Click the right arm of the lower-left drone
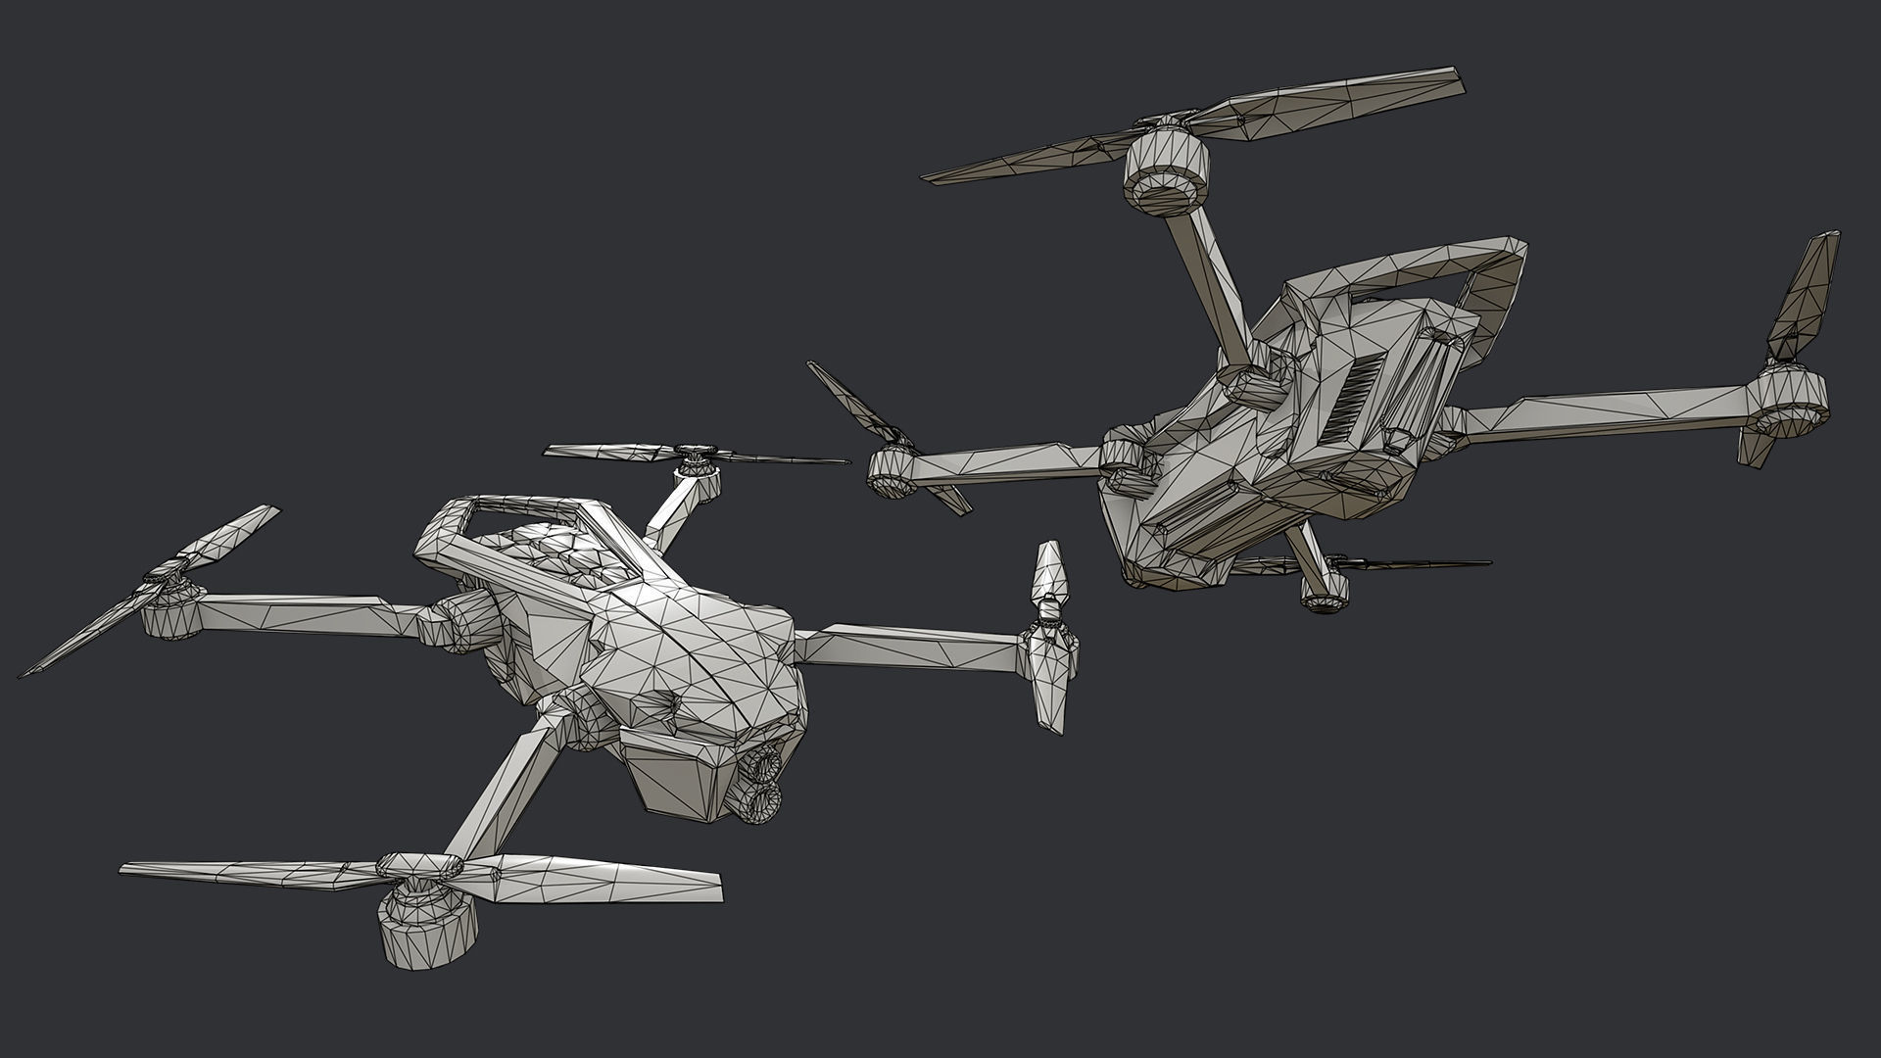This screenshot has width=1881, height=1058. pos(911,647)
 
